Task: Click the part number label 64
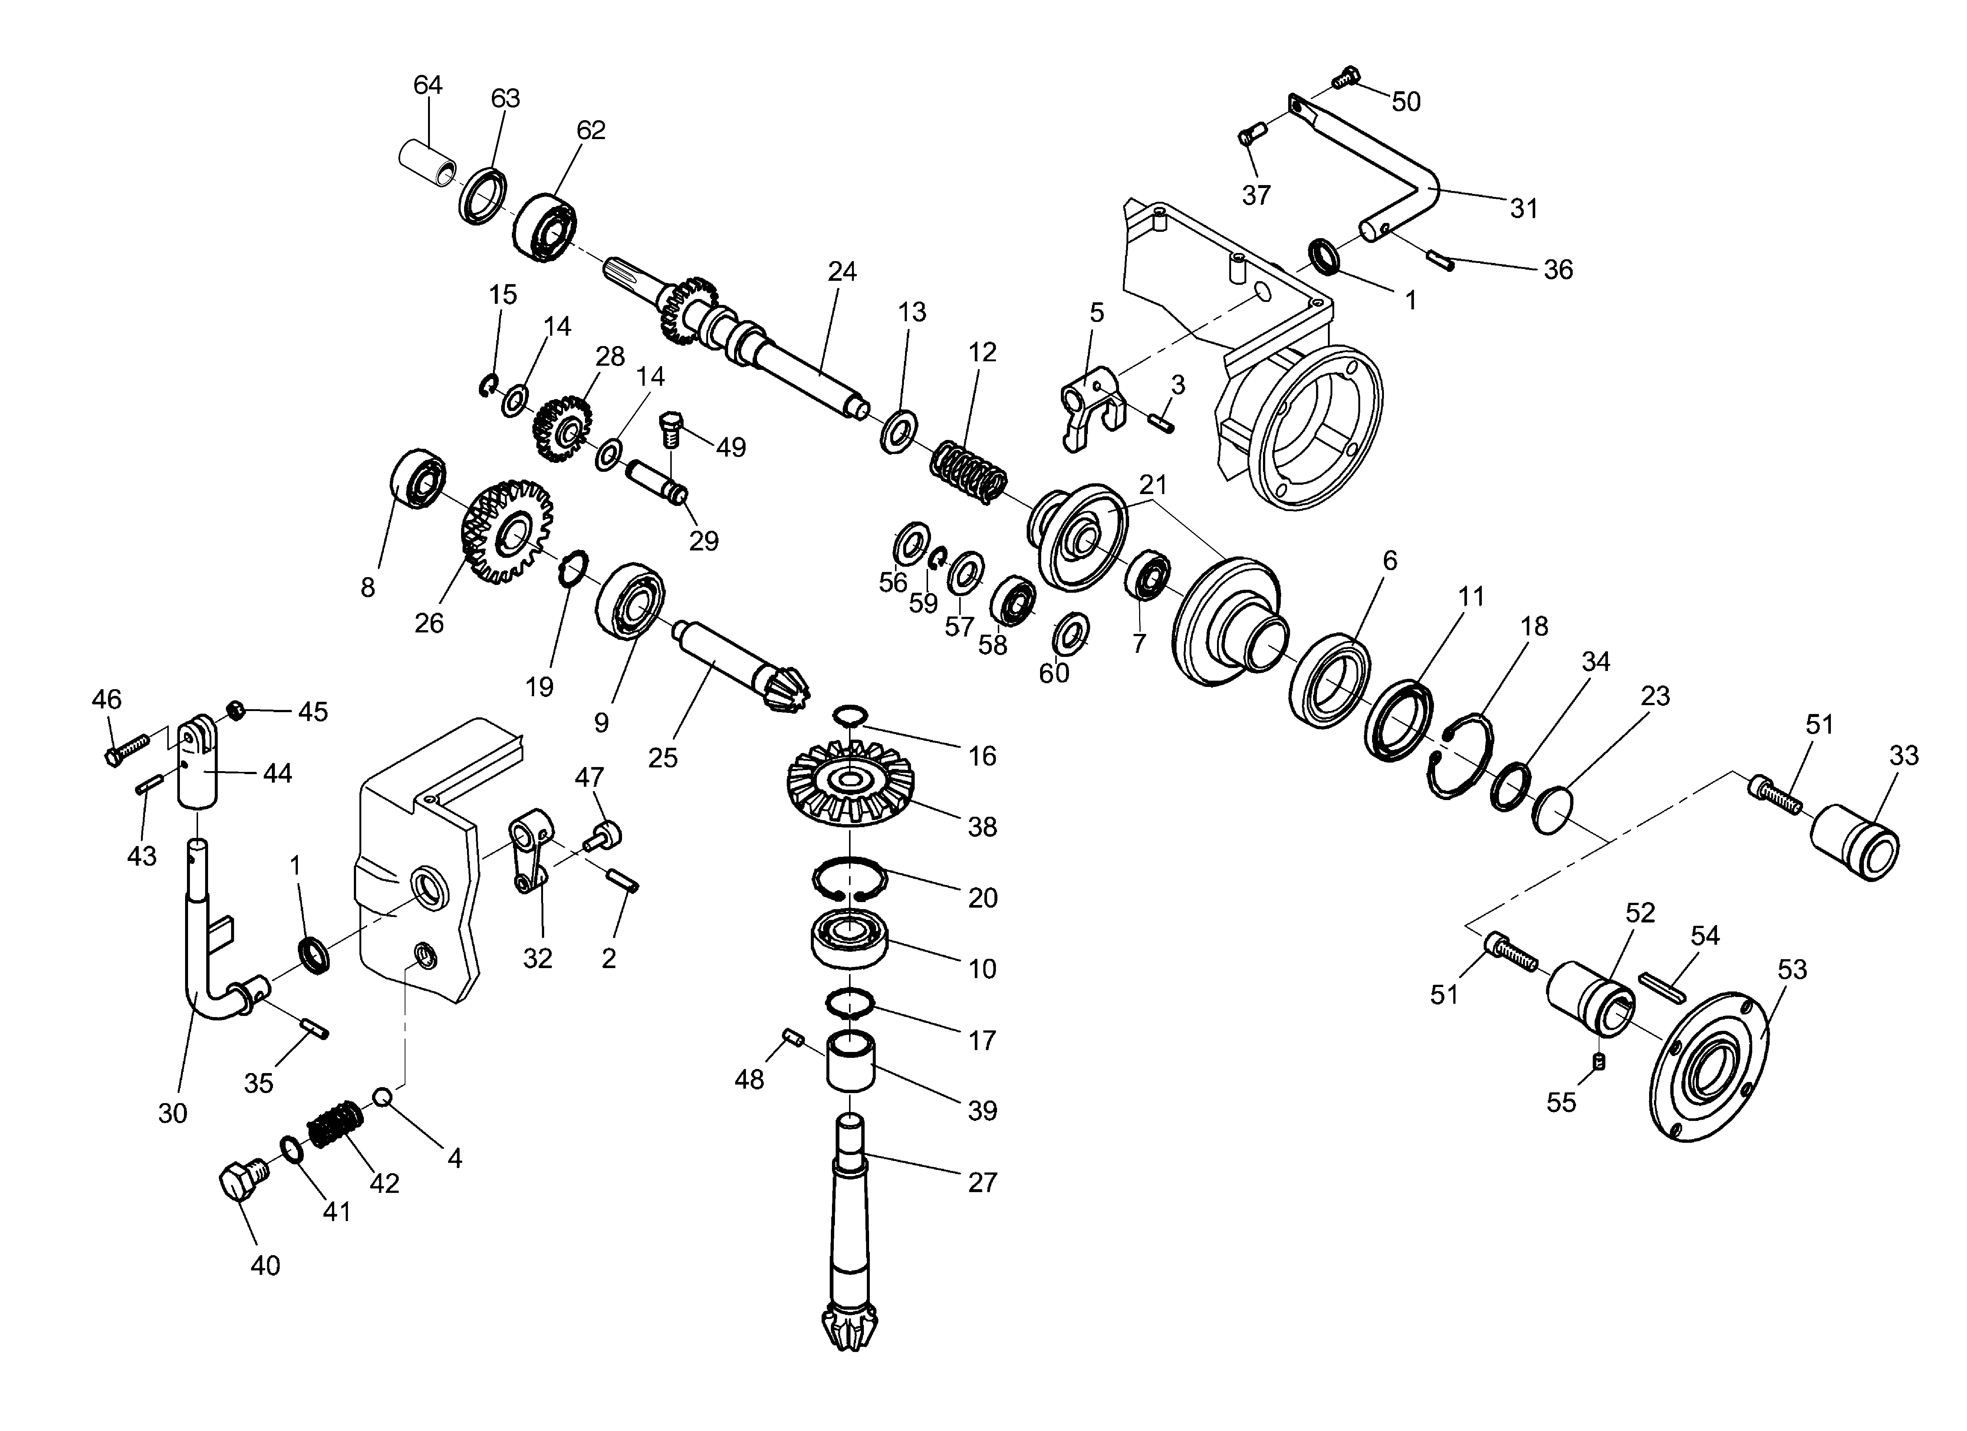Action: pos(428,85)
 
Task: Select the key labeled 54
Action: pos(1660,986)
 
